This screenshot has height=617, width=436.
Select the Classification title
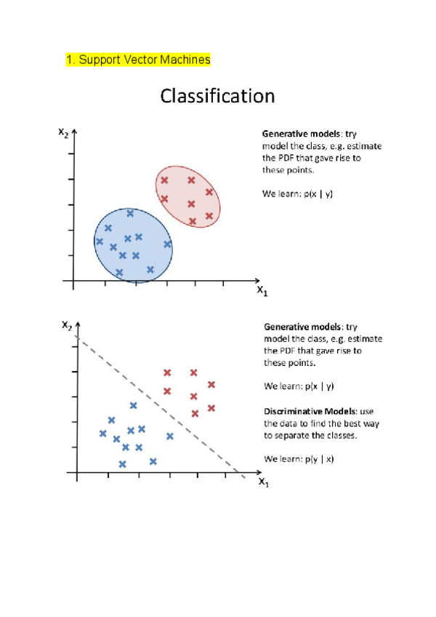217,96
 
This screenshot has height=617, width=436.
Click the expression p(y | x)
319,458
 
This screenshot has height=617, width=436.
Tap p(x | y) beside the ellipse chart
318,194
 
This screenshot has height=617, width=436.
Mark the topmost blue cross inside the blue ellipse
130,213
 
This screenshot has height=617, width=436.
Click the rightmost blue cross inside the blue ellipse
167,244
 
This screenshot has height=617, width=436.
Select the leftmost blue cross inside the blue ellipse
100,241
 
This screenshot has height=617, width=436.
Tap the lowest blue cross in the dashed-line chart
122,463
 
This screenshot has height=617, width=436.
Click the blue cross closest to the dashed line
170,436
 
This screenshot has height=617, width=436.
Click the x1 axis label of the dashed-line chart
263,482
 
